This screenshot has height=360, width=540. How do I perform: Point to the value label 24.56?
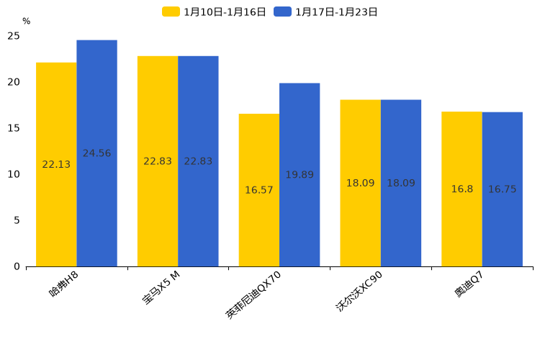(x=96, y=153)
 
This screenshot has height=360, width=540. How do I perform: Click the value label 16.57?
(x=259, y=190)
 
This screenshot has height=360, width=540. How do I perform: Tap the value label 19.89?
(x=300, y=175)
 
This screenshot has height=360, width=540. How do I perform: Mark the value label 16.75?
(x=503, y=189)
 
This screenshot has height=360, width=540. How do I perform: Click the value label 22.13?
(x=56, y=164)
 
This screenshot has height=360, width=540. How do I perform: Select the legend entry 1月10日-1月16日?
(x=215, y=12)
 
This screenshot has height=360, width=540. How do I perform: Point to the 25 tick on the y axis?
(x=14, y=36)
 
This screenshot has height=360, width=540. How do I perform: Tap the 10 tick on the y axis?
(x=14, y=174)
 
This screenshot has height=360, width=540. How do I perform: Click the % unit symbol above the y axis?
(x=26, y=22)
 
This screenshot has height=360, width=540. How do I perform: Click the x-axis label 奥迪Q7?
(x=469, y=285)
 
